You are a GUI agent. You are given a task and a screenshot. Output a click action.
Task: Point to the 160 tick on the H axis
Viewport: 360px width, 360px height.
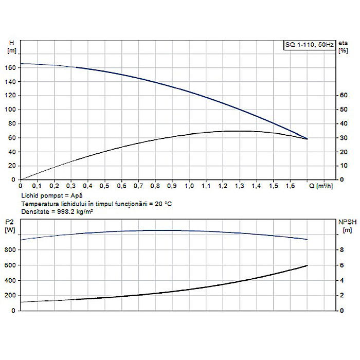11,67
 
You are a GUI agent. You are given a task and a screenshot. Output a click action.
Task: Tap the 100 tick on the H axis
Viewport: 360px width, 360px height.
11,110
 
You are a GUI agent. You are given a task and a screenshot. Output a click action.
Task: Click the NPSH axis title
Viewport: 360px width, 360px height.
346,222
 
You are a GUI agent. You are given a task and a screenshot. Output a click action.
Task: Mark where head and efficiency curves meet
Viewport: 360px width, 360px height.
307,139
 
